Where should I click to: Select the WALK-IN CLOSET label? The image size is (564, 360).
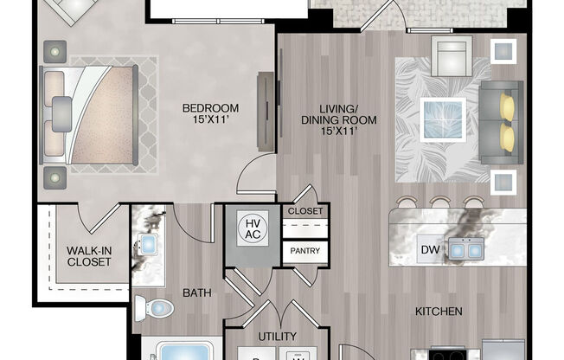pyautogui.click(x=89, y=257)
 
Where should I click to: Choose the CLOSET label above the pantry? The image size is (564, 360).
pyautogui.click(x=304, y=211)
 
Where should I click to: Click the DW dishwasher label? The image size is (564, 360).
pyautogui.click(x=430, y=250)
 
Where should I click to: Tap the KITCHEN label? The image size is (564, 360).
pyautogui.click(x=438, y=311)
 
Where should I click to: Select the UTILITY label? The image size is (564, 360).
pyautogui.click(x=278, y=337)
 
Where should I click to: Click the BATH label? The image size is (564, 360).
pyautogui.click(x=196, y=293)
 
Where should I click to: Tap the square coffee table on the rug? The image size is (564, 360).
pyautogui.click(x=443, y=119)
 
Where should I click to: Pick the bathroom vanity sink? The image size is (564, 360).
pyautogui.click(x=149, y=245)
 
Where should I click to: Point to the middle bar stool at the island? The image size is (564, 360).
pyautogui.click(x=440, y=205)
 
